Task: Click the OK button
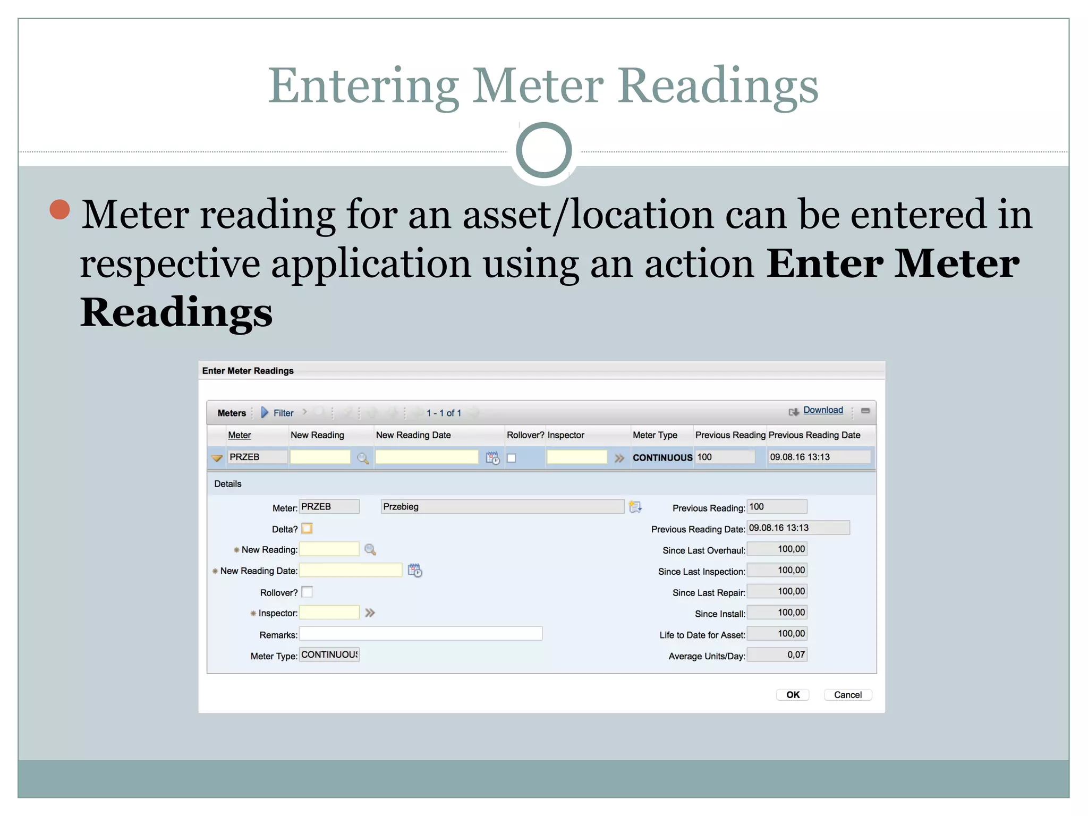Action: pos(792,695)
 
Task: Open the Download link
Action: pos(822,410)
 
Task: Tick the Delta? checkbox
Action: pos(307,529)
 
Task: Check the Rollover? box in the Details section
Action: pos(307,592)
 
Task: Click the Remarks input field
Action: pos(420,634)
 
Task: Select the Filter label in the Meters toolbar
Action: pos(283,413)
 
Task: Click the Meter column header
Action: pos(239,435)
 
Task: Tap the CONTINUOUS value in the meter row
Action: pos(662,457)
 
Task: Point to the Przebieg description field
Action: pos(502,507)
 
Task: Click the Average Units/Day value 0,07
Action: pos(777,655)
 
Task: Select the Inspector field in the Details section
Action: pos(329,613)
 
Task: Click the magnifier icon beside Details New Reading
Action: pos(370,550)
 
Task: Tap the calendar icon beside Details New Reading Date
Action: pos(415,571)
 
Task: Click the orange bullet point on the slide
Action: pos(60,209)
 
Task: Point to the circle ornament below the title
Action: pos(543,150)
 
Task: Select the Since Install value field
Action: pos(777,613)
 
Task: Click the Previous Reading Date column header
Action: pos(814,435)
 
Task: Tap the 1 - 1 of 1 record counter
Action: pos(444,413)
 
